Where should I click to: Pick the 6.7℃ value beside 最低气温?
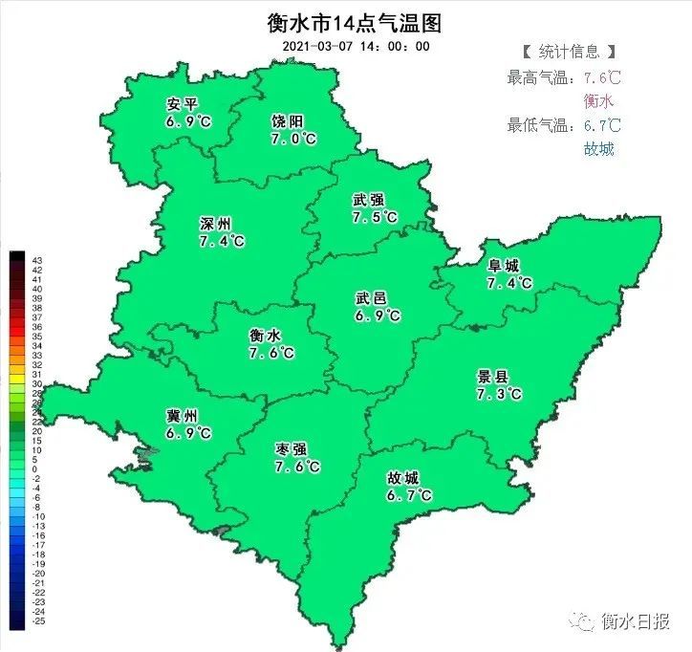602,125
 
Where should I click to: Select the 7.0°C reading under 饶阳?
293,140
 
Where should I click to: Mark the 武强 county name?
368,200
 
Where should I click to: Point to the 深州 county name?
215,224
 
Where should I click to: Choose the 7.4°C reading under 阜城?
509,283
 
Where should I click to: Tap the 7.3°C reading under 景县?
499,394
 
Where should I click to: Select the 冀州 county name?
182,416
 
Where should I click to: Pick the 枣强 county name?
292,449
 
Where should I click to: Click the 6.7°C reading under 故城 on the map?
409,495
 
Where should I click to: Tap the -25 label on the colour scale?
37,621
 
